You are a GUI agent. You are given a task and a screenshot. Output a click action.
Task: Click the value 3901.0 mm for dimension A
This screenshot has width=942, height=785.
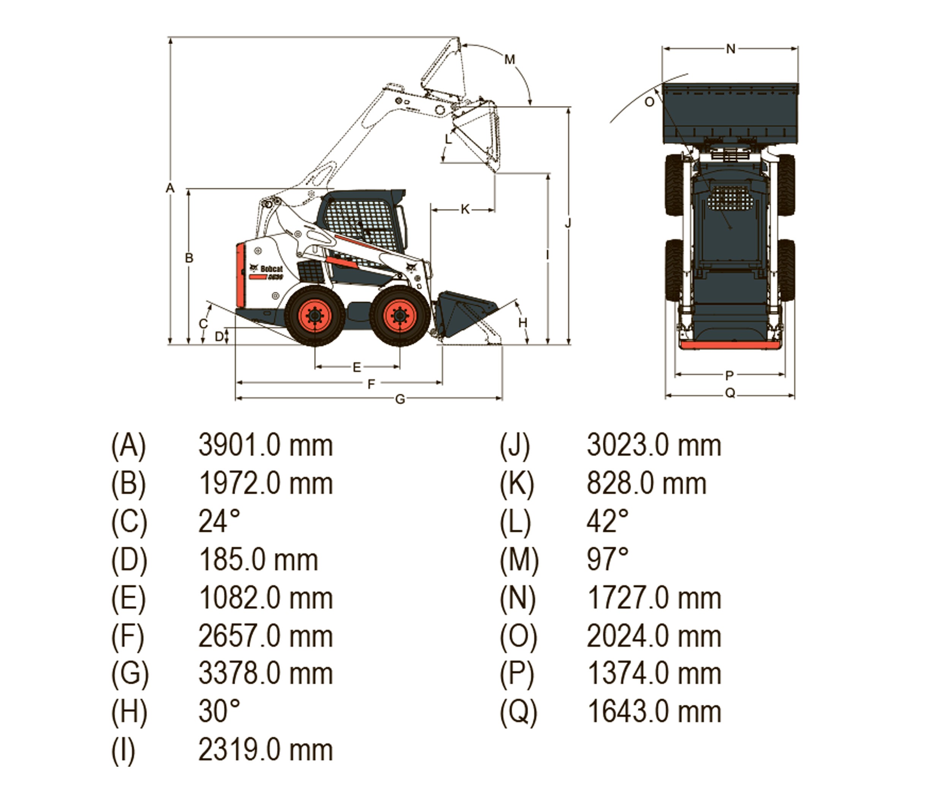click(x=266, y=446)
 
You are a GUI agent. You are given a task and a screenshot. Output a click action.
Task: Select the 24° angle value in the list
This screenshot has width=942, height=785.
click(x=219, y=522)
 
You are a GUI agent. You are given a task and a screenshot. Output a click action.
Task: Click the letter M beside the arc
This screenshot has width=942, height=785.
click(x=510, y=60)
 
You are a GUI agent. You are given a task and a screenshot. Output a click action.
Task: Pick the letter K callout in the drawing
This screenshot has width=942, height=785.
click(x=465, y=209)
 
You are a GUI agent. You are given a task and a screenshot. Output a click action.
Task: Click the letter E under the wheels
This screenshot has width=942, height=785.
click(x=356, y=368)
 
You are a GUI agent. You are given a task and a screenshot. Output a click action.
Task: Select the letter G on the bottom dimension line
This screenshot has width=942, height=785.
click(x=400, y=399)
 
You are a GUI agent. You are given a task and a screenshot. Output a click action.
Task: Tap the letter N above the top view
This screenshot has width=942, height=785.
click(x=731, y=49)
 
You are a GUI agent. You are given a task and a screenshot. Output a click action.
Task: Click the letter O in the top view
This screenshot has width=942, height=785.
click(x=649, y=102)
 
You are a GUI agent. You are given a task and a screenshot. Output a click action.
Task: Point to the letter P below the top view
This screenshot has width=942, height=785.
click(x=729, y=375)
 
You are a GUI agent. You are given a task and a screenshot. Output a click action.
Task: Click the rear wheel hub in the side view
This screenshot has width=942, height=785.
click(x=315, y=316)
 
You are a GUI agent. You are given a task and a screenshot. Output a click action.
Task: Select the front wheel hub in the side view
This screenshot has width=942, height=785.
click(x=400, y=316)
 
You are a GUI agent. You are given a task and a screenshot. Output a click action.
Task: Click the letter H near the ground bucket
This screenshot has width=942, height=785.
click(x=522, y=323)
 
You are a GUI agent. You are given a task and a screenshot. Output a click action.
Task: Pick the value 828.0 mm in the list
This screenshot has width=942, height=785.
click(x=646, y=484)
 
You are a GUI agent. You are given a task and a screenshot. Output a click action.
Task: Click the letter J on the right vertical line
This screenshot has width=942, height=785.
click(x=568, y=223)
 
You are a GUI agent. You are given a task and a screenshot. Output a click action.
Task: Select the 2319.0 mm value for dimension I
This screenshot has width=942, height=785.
click(x=266, y=750)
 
